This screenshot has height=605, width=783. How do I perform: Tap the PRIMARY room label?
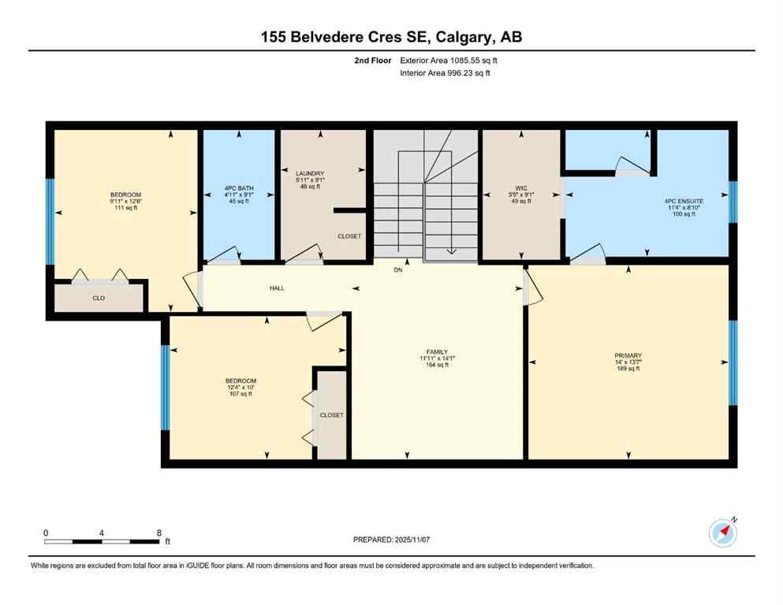coord(628,355)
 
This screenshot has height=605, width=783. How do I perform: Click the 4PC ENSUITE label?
coord(683,201)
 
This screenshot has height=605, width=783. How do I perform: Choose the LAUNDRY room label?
coord(310,173)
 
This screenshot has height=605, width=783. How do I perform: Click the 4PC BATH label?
coord(237,188)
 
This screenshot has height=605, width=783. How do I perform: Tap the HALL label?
coord(277,288)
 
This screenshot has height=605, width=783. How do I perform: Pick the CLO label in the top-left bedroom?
coord(99,299)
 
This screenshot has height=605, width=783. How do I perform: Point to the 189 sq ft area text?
coord(628,369)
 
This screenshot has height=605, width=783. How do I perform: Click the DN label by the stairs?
coord(399,269)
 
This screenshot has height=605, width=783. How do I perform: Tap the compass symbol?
coord(722,533)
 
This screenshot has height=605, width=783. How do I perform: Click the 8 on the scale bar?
coord(158,533)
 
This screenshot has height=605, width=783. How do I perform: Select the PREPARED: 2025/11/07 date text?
coord(391,540)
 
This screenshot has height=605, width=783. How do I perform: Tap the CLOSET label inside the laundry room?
coord(349,236)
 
